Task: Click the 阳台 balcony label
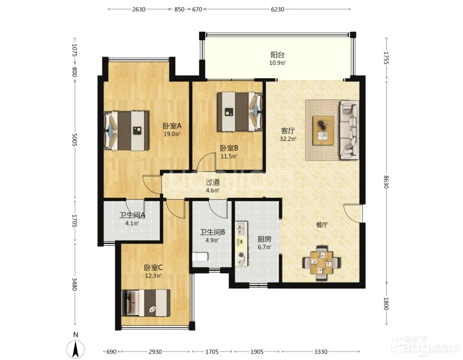click(277, 55)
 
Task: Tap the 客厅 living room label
click(288, 131)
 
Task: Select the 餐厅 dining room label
click(322, 225)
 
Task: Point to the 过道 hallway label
click(212, 182)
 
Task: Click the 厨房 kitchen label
click(264, 239)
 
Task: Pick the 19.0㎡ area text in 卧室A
click(172, 134)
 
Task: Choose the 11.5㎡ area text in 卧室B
click(229, 156)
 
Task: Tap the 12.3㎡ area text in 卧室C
click(153, 276)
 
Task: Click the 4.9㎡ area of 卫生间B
click(212, 240)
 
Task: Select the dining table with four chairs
click(321, 263)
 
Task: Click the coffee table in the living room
click(323, 130)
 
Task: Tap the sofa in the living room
click(349, 130)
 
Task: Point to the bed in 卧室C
click(146, 303)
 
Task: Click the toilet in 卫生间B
click(200, 256)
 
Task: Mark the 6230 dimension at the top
click(277, 9)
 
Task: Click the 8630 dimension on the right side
click(386, 182)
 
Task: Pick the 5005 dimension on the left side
click(74, 139)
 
